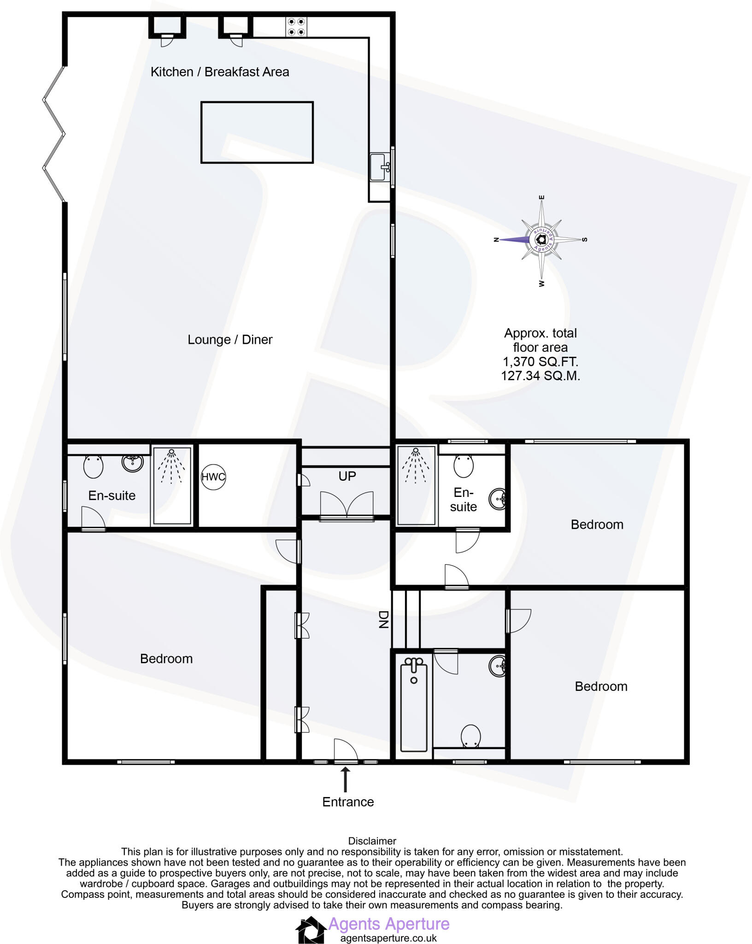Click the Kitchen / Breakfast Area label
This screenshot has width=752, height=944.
pyautogui.click(x=220, y=72)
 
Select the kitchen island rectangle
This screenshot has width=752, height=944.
pyautogui.click(x=257, y=132)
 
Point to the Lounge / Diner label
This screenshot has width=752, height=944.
pyautogui.click(x=230, y=340)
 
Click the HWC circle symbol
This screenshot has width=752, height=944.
pyautogui.click(x=213, y=477)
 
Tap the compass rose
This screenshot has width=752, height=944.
pyautogui.click(x=541, y=240)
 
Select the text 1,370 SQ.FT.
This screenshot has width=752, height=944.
pyautogui.click(x=540, y=362)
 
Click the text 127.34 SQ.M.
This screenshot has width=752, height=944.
pyautogui.click(x=540, y=376)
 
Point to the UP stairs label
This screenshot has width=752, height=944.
pyautogui.click(x=347, y=476)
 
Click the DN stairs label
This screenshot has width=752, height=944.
pyautogui.click(x=383, y=619)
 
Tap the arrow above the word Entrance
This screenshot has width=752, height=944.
pyautogui.click(x=345, y=779)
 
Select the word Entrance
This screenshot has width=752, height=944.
pyautogui.click(x=348, y=802)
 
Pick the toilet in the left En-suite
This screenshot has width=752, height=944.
pyautogui.click(x=94, y=466)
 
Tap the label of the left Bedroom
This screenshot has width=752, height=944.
pyautogui.click(x=166, y=659)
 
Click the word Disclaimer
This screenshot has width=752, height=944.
pyautogui.click(x=372, y=841)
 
